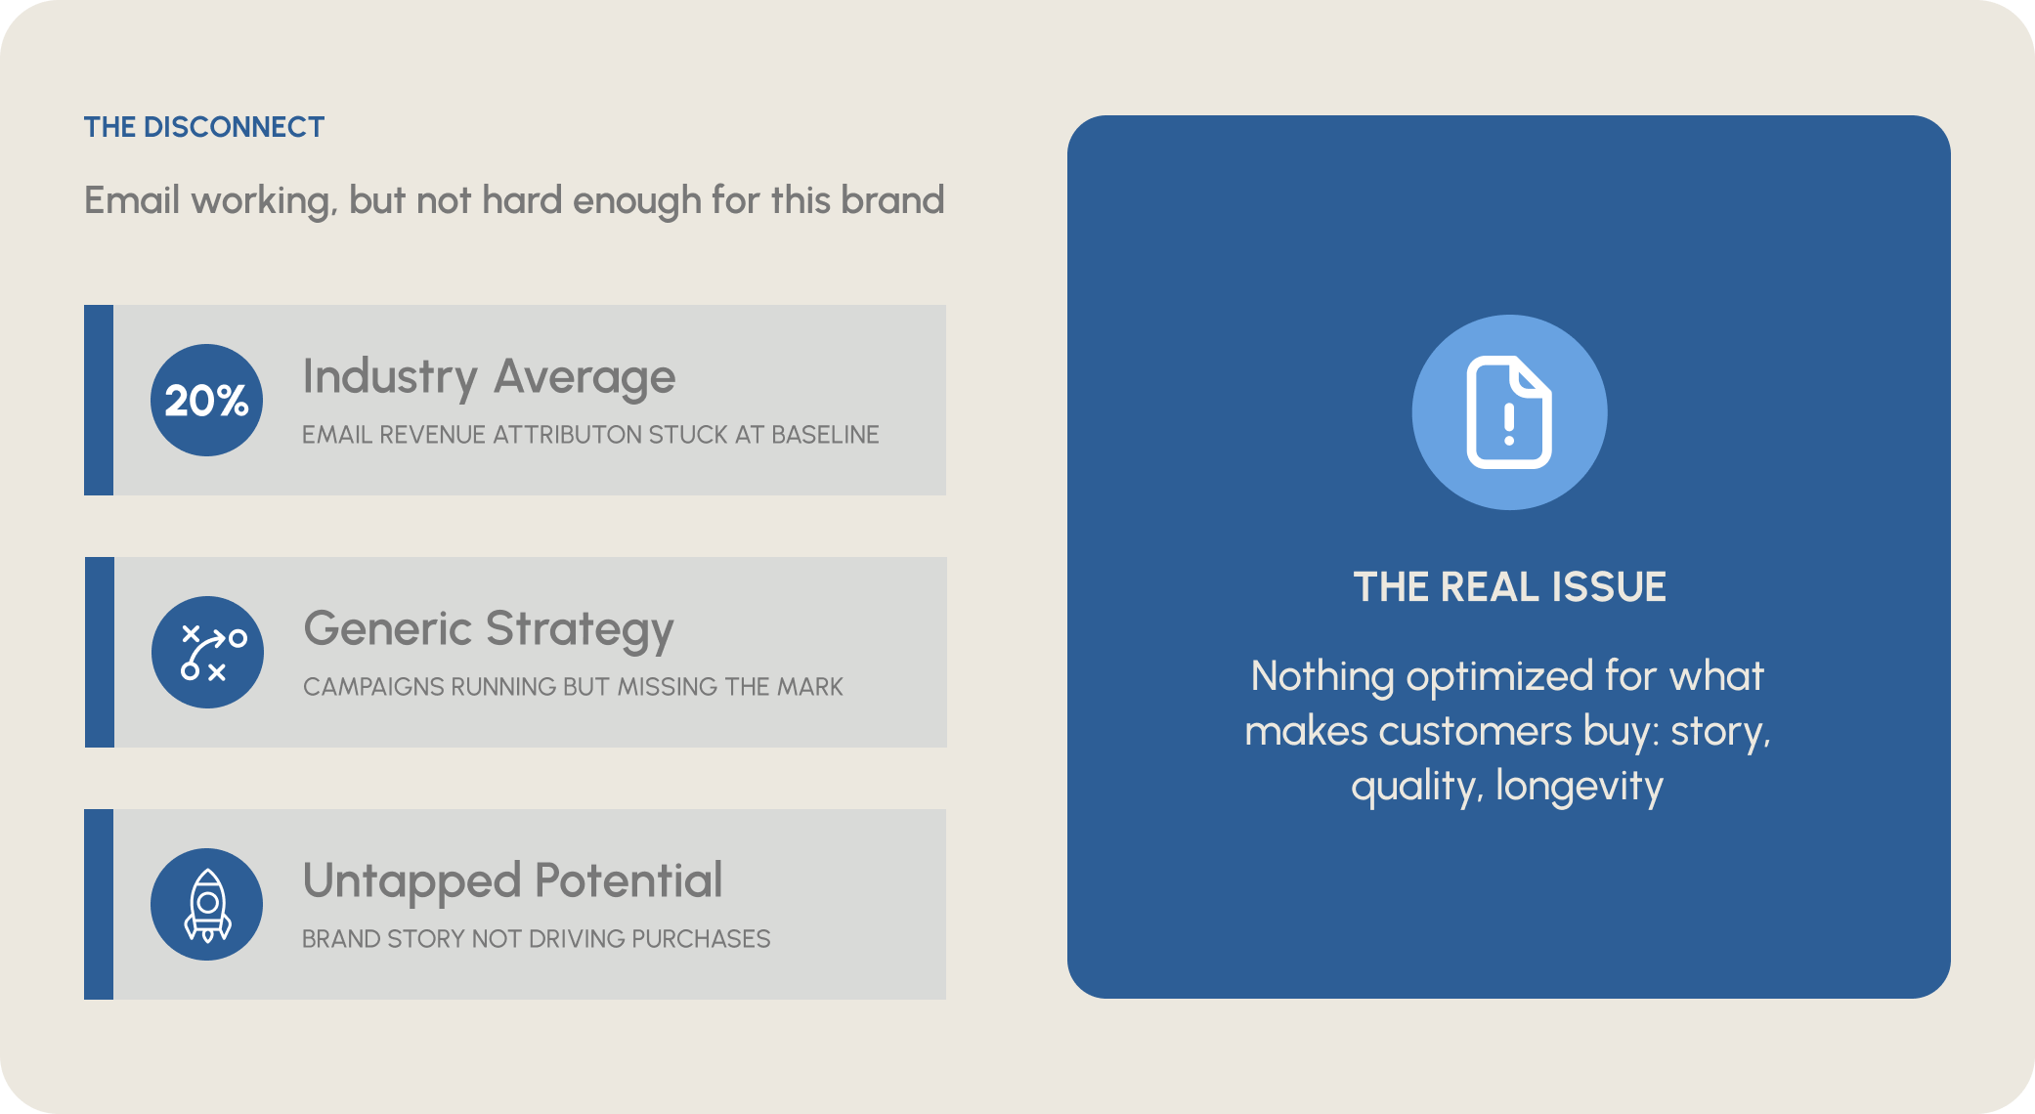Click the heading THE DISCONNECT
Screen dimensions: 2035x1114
pyautogui.click(x=203, y=127)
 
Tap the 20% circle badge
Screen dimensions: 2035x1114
pyautogui.click(x=206, y=400)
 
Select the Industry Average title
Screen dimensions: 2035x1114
pyautogui.click(x=489, y=378)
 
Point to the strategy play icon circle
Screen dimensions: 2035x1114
pyautogui.click(x=207, y=652)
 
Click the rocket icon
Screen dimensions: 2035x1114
pyautogui.click(x=207, y=905)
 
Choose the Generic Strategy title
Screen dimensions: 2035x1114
pyautogui.click(x=489, y=630)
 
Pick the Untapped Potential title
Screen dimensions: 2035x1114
pyautogui.click(x=512, y=880)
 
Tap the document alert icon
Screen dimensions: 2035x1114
pyautogui.click(x=1509, y=411)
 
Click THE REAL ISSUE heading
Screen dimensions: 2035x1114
pyautogui.click(x=1509, y=587)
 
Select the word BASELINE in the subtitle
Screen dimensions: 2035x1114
pyautogui.click(x=825, y=435)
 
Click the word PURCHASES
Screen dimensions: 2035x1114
pyautogui.click(x=701, y=939)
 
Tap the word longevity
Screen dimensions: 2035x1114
pyautogui.click(x=1580, y=787)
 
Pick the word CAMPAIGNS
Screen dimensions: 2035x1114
pyautogui.click(x=374, y=687)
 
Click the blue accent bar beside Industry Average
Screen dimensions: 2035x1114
pyautogui.click(x=99, y=400)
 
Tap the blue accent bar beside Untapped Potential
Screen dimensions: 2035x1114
pyautogui.click(x=99, y=904)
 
